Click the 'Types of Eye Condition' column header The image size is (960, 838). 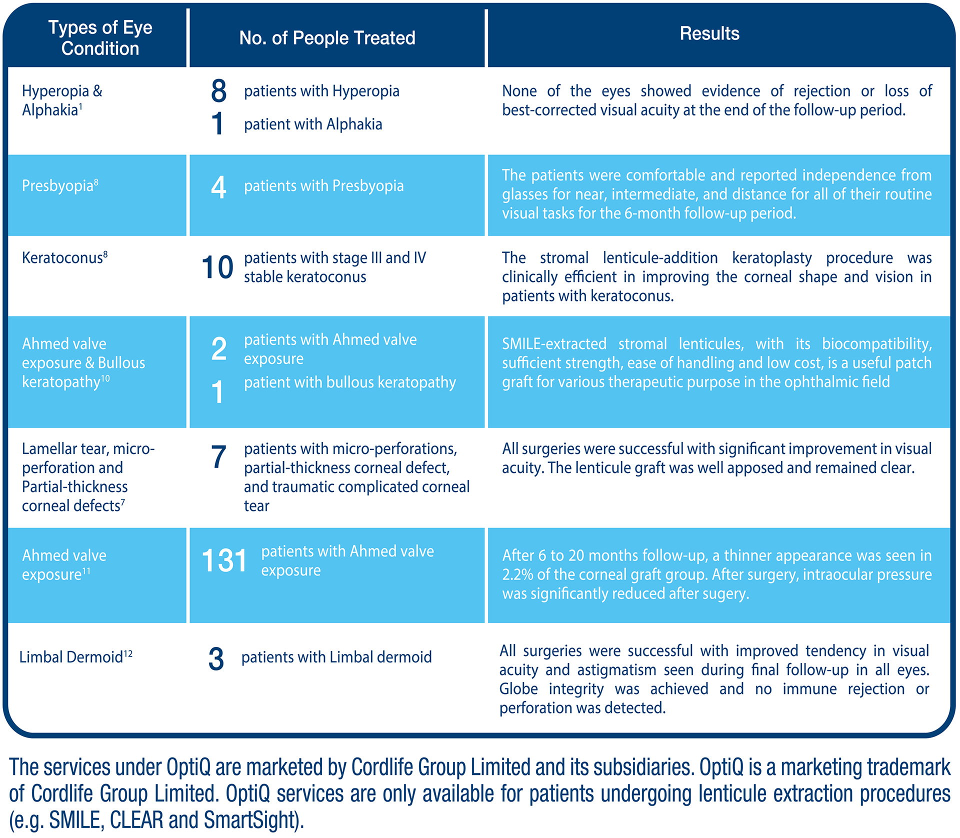[x=100, y=38]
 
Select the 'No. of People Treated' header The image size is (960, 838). [x=327, y=38]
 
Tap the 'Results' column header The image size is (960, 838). [x=709, y=33]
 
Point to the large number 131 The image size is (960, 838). [x=224, y=560]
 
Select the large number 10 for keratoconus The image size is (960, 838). [x=217, y=267]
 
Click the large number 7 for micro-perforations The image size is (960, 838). [x=218, y=456]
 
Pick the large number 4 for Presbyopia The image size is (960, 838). [x=218, y=187]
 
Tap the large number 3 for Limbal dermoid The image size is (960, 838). [x=216, y=659]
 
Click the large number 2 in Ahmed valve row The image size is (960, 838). [x=218, y=348]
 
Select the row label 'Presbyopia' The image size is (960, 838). [x=57, y=186]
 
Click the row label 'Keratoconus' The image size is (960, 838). [x=62, y=258]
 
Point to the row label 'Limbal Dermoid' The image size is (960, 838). [x=71, y=657]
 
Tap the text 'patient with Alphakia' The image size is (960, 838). [x=313, y=124]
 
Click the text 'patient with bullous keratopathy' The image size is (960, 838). [x=350, y=382]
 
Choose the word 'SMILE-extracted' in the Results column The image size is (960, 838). [x=554, y=344]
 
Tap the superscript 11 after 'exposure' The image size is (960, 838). [x=86, y=571]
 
